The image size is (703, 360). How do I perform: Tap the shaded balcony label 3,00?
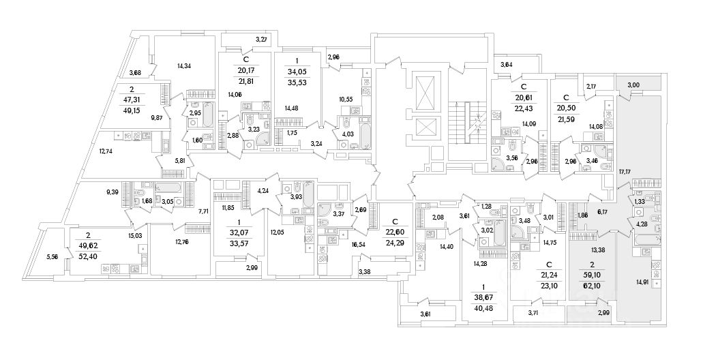point(633,85)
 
